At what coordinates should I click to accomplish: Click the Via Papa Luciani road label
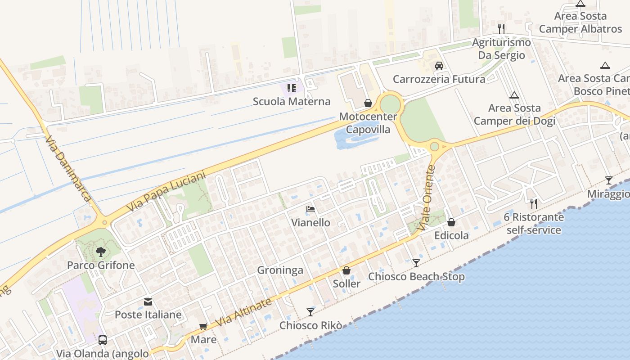[x=166, y=192]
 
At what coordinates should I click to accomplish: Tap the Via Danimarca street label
[x=68, y=168]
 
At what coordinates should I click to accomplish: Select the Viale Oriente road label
[x=427, y=198]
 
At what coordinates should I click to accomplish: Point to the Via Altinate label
[x=244, y=312]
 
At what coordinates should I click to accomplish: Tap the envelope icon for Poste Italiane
[x=148, y=302]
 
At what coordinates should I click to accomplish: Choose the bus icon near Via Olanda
[x=103, y=340]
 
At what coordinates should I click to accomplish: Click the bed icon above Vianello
[x=310, y=209]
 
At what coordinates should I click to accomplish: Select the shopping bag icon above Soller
[x=346, y=270]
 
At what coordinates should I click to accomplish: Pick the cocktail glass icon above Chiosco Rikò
[x=310, y=312]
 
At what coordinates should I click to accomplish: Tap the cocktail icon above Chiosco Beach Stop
[x=416, y=263]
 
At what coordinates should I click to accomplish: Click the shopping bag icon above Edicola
[x=451, y=222]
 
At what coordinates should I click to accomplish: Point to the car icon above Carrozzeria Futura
[x=439, y=66]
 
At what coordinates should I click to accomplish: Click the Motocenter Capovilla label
[x=368, y=123]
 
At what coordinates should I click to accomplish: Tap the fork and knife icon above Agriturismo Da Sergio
[x=501, y=29]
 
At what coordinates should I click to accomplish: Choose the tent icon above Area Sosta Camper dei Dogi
[x=514, y=95]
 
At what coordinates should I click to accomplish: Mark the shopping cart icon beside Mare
[x=203, y=326]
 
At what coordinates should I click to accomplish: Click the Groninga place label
[x=280, y=270]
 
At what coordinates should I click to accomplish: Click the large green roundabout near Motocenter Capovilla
[x=390, y=105]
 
